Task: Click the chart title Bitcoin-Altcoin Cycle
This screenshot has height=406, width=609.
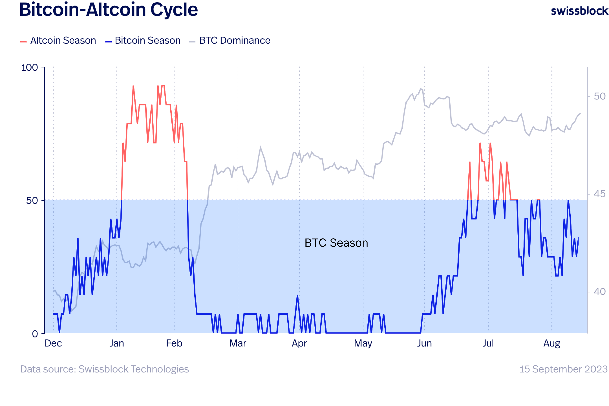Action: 108,10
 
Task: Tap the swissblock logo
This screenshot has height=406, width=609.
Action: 579,11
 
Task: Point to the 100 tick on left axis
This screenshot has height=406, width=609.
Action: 29,68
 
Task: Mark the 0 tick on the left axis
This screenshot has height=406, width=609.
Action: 35,334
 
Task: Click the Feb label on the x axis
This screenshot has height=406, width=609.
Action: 174,344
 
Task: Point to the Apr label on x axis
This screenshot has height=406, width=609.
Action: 299,344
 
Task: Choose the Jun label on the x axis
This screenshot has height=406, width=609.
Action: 424,344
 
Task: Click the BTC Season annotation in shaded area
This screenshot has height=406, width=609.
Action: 336,243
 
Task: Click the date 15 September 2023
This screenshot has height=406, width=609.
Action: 564,369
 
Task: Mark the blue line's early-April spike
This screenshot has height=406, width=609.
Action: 298,295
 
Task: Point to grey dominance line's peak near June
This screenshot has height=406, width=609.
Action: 421,89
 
